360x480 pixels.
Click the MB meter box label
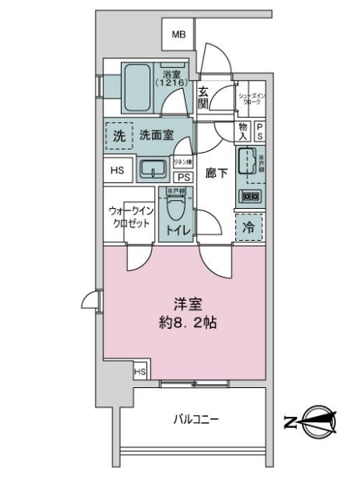178,34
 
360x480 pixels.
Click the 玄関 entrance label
203,97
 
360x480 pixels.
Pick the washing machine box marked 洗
118,135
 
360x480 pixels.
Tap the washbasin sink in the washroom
152,169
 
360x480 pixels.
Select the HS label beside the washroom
118,170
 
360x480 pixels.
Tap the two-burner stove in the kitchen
250,196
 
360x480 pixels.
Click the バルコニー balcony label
195,418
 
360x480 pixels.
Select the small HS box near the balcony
140,372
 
